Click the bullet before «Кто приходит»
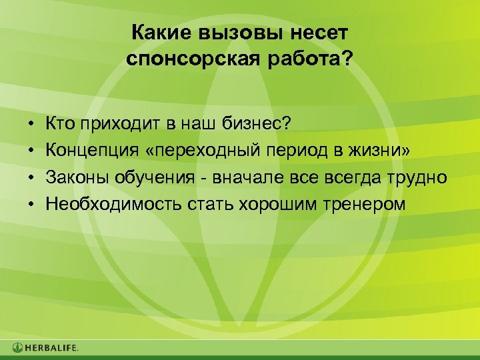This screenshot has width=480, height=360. pos(31,124)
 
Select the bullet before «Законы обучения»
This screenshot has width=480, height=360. pos(31,177)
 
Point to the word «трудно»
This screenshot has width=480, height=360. pos(421,177)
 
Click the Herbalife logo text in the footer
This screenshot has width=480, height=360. pos(52,348)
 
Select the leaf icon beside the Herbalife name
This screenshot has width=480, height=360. pos(18,348)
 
